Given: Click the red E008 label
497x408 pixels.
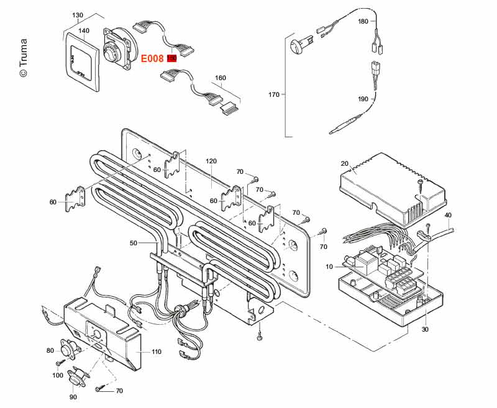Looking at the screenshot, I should [153, 58].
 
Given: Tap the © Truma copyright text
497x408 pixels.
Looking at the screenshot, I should [23, 58].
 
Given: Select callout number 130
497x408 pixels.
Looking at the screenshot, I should [78, 15].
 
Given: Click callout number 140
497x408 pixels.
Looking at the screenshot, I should [84, 30].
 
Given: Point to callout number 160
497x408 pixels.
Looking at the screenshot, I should [220, 78].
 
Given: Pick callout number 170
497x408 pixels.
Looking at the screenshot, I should [273, 94].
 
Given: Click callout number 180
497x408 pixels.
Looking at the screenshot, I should [363, 21].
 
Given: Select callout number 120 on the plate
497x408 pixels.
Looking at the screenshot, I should [211, 161].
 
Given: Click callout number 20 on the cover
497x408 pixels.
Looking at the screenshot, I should [345, 164].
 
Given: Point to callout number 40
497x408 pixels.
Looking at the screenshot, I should [448, 215].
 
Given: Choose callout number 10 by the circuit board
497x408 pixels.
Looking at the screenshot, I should [329, 266].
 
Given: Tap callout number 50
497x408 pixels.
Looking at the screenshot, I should [133, 243].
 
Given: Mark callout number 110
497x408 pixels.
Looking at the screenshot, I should [156, 351].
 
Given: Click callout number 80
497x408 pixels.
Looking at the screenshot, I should [50, 350].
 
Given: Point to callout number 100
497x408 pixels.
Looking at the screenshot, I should [58, 375].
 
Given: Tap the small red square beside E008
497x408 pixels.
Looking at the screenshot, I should [172, 58].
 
